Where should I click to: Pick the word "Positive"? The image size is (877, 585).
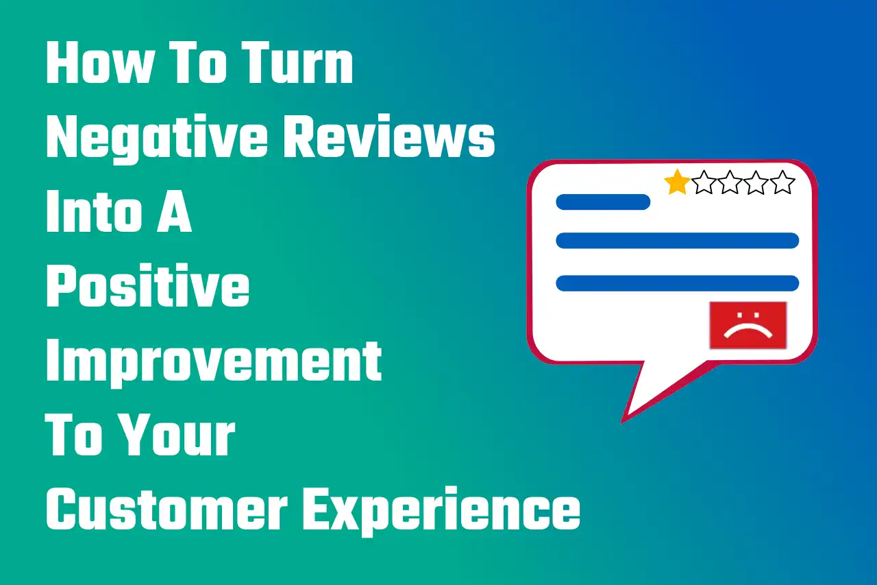click(147, 287)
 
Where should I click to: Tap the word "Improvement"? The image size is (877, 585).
click(213, 361)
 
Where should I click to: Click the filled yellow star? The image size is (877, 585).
click(677, 183)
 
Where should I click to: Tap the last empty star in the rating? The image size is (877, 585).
click(782, 183)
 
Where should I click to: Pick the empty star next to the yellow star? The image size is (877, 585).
click(704, 183)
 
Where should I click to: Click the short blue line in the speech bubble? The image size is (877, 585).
click(603, 202)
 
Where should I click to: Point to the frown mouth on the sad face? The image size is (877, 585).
click(748, 332)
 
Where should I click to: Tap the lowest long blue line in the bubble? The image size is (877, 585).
click(678, 283)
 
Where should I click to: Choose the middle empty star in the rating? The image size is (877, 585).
click(730, 183)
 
